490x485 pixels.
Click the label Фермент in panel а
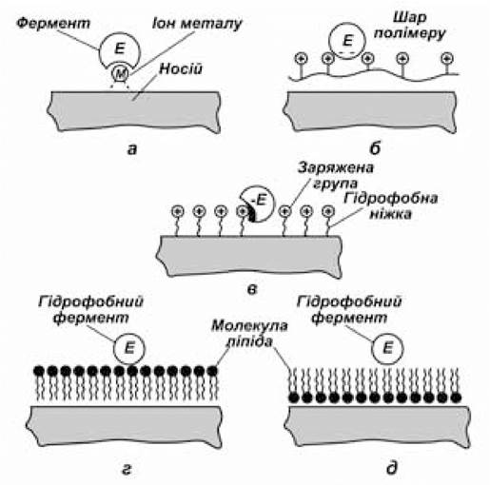point(53,23)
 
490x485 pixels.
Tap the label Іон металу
point(197,24)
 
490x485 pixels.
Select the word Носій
point(181,68)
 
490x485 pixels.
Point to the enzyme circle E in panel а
point(119,50)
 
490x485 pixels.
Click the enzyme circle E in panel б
point(347,41)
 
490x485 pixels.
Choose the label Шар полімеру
point(410,26)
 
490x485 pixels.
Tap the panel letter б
point(375,148)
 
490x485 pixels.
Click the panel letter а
point(132,149)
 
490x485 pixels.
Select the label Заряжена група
point(336,176)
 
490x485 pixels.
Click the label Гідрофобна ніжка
point(391,206)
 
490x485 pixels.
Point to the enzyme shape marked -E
point(257,204)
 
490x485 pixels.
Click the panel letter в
point(252,289)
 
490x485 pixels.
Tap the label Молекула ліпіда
point(249,334)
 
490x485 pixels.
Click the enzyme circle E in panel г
point(129,348)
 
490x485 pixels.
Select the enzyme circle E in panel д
point(387,348)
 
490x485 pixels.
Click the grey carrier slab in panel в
point(250,256)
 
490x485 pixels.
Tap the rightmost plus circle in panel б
point(446,58)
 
